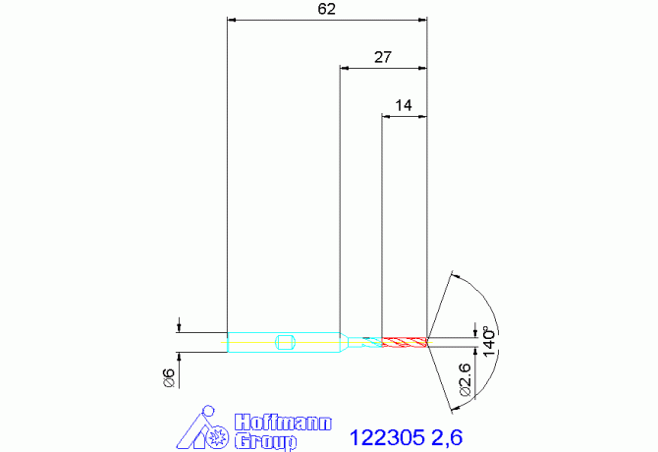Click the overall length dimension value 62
326,9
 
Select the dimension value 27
383,57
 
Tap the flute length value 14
404,105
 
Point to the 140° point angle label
489,341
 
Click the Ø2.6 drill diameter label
466,380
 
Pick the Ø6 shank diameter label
169,377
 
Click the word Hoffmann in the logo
283,423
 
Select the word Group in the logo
265,441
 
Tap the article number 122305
387,437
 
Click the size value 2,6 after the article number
447,438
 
